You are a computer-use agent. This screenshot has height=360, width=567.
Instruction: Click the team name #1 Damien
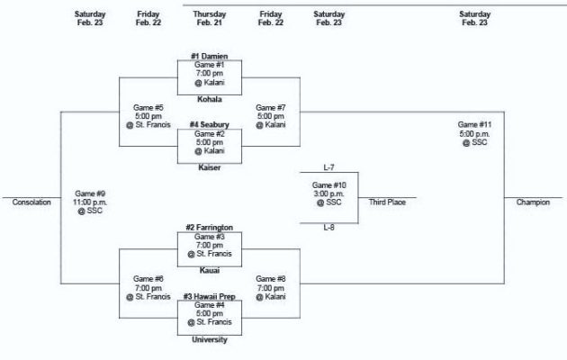(209, 57)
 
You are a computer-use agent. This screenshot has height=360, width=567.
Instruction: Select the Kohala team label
(209, 100)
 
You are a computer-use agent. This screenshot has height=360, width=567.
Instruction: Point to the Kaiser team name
(209, 166)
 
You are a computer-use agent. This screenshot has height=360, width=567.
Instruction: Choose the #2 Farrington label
(209, 228)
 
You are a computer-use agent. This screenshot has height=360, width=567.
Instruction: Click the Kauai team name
(209, 270)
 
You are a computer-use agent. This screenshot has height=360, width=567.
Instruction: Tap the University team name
(209, 339)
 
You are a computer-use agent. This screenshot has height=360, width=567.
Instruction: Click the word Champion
(533, 202)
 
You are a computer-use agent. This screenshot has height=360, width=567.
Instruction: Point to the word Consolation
(31, 202)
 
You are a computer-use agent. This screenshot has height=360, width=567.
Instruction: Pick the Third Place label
(387, 202)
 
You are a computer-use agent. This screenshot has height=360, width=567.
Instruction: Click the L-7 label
(328, 167)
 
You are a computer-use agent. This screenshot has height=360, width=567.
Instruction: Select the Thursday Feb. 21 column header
(209, 19)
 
